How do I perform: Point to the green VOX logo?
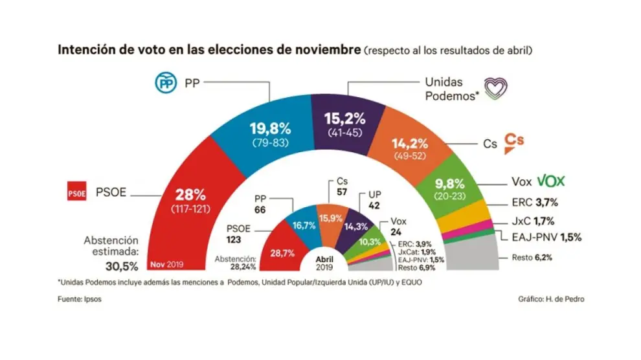pos(555,182)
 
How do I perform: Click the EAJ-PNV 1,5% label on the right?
pos(546,238)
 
